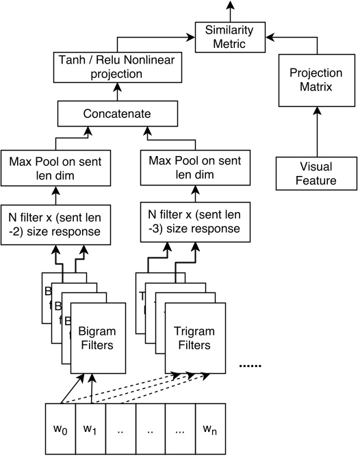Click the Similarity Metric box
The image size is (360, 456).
point(230,37)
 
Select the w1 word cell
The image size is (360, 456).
point(90,430)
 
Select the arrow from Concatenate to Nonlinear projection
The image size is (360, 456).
point(116,90)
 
